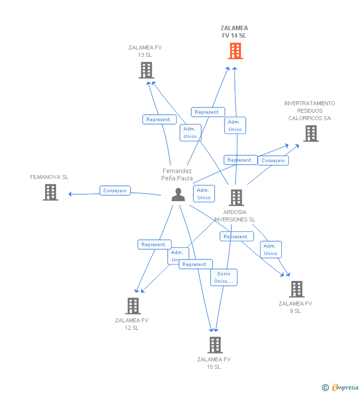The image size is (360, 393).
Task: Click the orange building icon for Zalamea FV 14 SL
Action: point(235,51)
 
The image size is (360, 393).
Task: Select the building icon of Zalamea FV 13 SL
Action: point(146,70)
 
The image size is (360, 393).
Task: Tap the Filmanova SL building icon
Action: point(50,192)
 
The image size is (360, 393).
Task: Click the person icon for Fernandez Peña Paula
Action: point(178,195)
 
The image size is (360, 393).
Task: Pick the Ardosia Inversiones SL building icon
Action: point(236,198)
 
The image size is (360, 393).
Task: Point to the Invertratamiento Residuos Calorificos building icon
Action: point(311,133)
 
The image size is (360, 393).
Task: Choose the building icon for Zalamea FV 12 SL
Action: point(133,306)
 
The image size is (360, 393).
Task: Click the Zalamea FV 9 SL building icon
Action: point(296,289)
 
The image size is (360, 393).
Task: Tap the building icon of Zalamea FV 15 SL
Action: point(215,345)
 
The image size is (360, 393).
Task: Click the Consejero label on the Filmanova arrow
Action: point(115,191)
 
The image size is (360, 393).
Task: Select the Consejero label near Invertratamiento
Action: point(273,161)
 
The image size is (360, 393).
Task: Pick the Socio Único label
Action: point(224,277)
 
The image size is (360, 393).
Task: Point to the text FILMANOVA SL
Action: point(49,177)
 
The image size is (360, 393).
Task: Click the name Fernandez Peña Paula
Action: point(177,175)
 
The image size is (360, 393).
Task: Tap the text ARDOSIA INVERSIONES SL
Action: point(235,216)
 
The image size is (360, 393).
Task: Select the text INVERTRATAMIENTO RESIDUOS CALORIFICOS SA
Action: point(310,111)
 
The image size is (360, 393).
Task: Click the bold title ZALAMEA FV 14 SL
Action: point(234,32)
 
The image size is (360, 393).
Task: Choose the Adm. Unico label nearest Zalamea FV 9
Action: point(270,250)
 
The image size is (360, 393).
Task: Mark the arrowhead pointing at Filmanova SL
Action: point(70,194)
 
